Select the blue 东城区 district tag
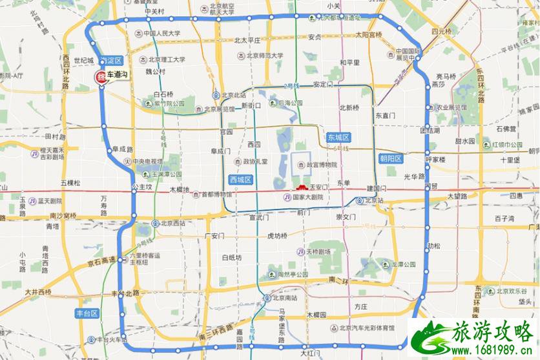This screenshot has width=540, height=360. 338,138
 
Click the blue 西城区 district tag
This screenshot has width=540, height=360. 240,178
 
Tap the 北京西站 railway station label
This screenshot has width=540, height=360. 169,223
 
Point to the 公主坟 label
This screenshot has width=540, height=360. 141,187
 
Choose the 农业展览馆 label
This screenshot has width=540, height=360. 452,107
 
